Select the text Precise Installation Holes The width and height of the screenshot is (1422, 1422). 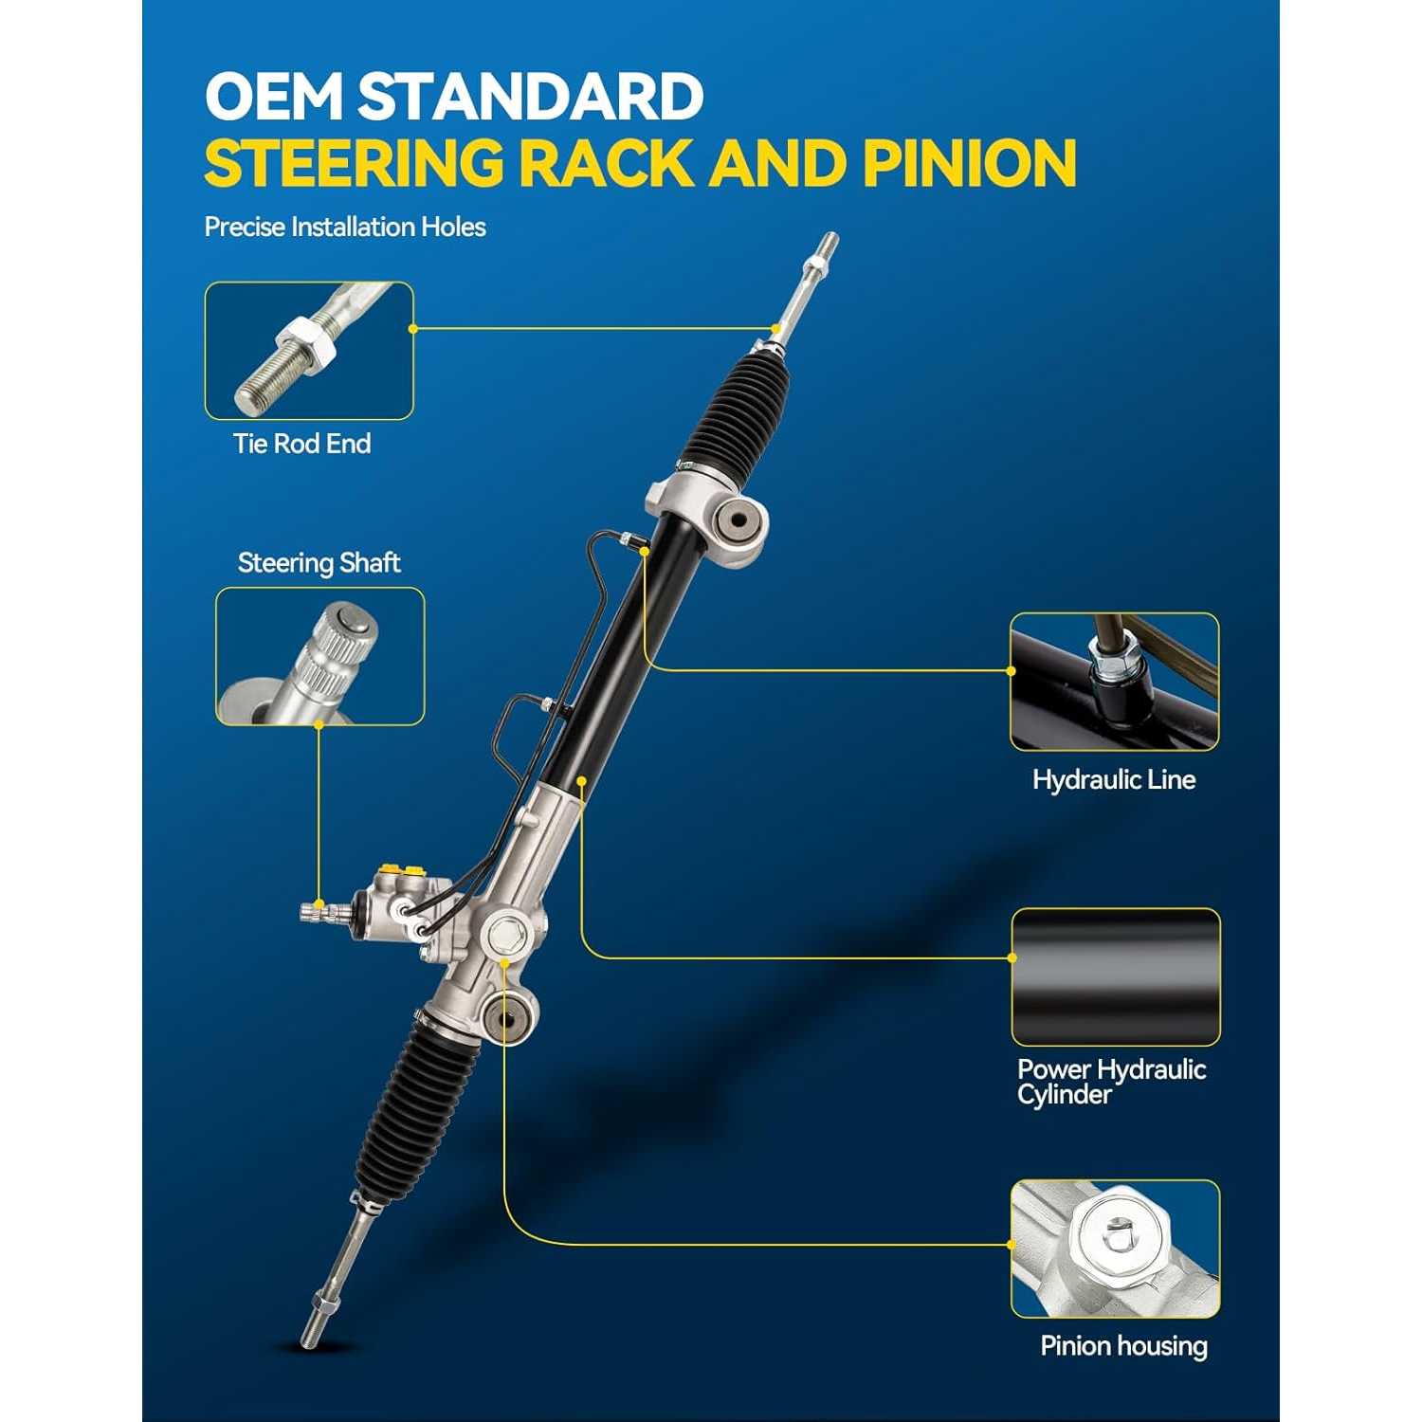tap(345, 228)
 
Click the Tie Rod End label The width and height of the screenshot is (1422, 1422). tap(301, 444)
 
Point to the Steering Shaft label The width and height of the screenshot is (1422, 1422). tap(319, 563)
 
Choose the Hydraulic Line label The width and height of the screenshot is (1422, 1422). tap(1114, 780)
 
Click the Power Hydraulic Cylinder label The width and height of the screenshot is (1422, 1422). tap(1111, 1082)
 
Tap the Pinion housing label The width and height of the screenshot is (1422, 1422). tap(1124, 1346)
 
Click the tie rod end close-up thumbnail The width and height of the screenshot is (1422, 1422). tap(309, 351)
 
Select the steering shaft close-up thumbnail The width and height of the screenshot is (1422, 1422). tap(319, 656)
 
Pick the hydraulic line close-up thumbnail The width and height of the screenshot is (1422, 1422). tap(1115, 682)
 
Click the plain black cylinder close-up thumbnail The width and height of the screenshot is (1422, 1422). tap(1116, 977)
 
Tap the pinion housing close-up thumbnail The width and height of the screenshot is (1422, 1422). tap(1115, 1249)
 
